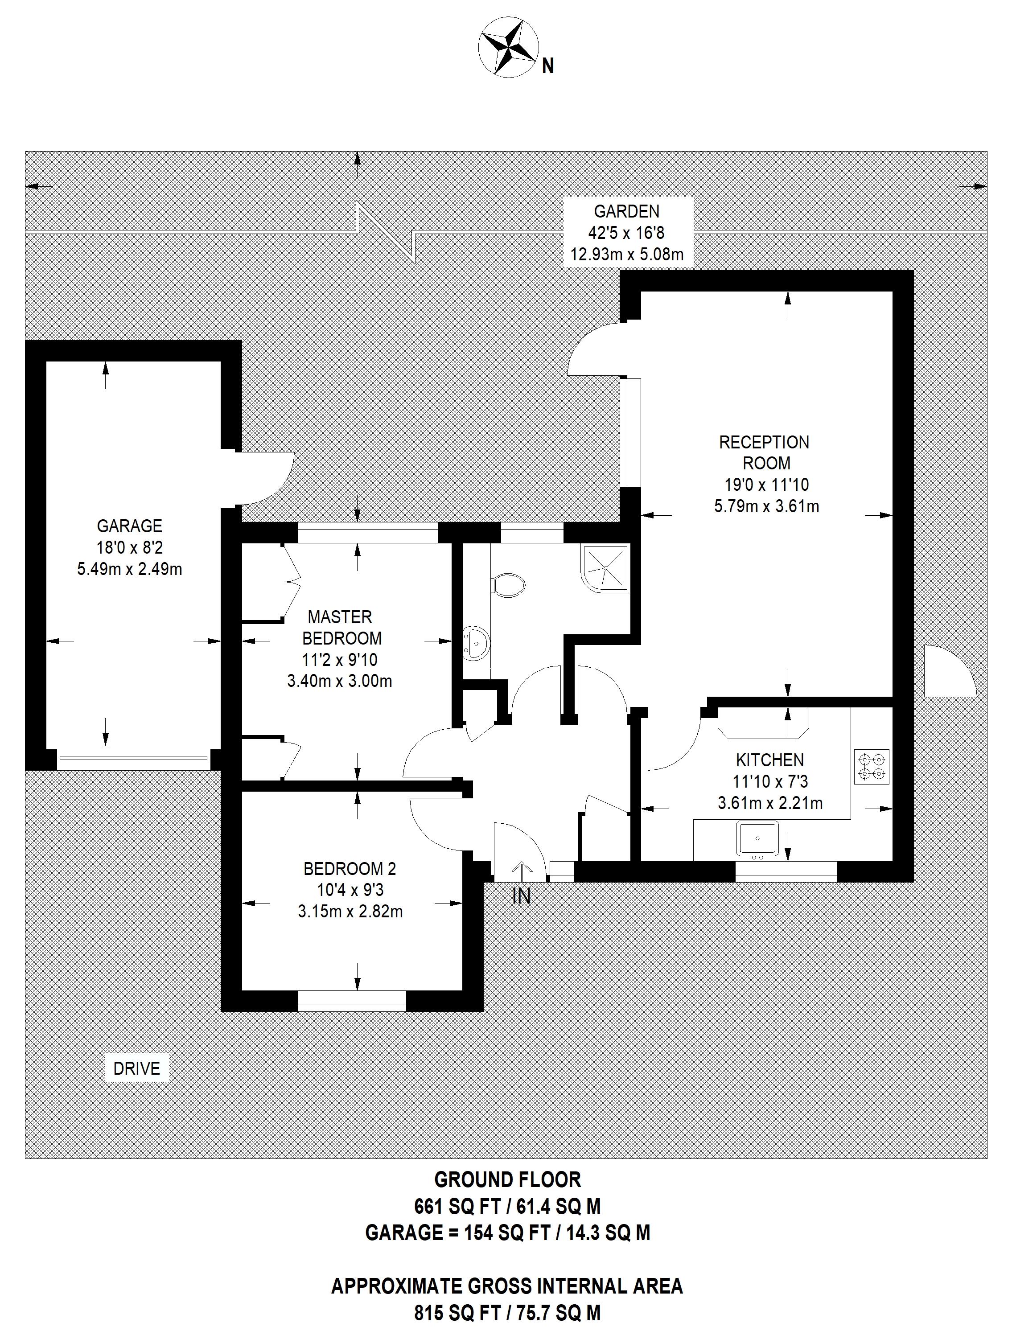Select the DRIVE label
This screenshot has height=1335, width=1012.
[137, 1068]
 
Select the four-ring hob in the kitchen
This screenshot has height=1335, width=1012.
[872, 767]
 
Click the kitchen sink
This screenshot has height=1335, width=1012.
[757, 838]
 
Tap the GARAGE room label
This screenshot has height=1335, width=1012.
[130, 526]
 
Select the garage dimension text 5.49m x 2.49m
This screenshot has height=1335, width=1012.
[130, 569]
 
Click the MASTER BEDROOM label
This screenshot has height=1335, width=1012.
[341, 628]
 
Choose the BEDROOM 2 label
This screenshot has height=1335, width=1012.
[350, 869]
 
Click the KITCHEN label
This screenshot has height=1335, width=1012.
[769, 760]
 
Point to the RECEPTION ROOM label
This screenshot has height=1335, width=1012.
[764, 452]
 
